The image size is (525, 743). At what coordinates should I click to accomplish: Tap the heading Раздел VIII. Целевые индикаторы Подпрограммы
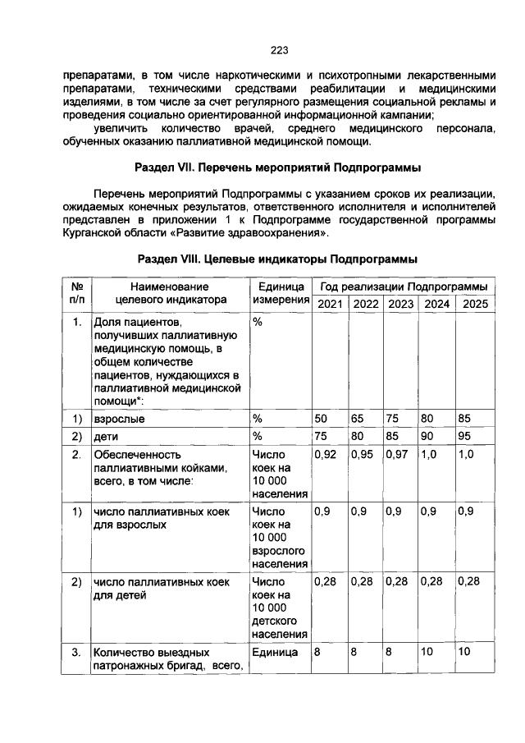tap(278, 259)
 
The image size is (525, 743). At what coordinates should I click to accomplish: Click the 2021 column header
tap(330, 304)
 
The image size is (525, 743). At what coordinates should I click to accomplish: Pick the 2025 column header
tap(475, 304)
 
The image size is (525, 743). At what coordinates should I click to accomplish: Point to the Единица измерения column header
tap(281, 294)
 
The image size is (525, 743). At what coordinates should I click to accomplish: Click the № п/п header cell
tap(75, 294)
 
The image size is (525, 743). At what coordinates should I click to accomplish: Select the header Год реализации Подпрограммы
tap(403, 287)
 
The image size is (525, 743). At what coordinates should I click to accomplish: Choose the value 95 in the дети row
tap(466, 435)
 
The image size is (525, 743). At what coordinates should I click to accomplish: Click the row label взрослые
tap(115, 419)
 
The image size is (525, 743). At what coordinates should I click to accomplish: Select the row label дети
tap(106, 435)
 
